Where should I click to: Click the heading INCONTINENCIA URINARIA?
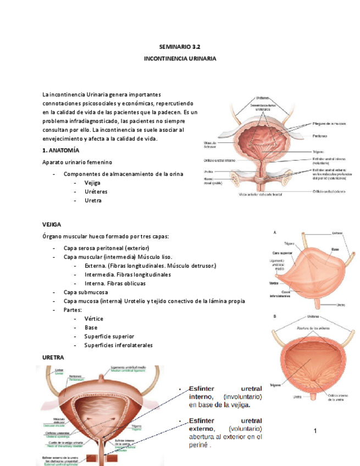pyautogui.click(x=180, y=58)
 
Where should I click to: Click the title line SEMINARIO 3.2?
pyautogui.click(x=180, y=47)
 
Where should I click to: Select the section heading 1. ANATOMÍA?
pyautogui.click(x=61, y=150)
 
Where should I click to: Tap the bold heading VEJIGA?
pyautogui.click(x=52, y=225)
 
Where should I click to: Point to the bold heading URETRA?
pyautogui.click(x=53, y=357)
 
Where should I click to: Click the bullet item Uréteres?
pyautogui.click(x=96, y=192)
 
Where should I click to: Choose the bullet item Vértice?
pyautogui.click(x=93, y=319)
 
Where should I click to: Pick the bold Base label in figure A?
pyautogui.click(x=335, y=249)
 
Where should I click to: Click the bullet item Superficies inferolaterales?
pyautogui.click(x=118, y=345)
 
